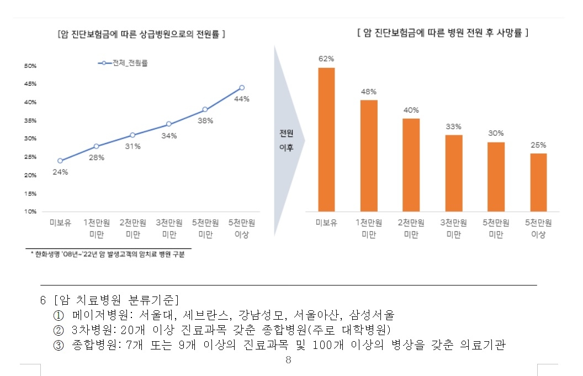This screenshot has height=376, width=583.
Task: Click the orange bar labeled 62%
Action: point(326,139)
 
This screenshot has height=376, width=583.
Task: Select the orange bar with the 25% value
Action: point(538,182)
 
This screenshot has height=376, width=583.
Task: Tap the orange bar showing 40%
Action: point(411,165)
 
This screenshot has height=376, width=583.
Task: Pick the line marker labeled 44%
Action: point(242,88)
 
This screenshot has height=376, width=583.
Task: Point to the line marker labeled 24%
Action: point(60,161)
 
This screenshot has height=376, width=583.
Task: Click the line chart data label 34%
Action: point(169,136)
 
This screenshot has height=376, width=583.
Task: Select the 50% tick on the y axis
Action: point(30,66)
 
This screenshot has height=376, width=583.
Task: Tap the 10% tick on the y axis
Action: point(30,211)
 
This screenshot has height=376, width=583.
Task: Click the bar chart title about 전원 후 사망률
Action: point(443,33)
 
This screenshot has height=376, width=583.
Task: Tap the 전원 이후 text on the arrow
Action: point(286,140)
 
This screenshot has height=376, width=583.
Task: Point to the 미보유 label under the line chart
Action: point(60,223)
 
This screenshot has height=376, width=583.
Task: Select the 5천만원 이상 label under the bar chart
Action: point(538,229)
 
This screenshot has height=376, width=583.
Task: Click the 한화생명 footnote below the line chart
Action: point(108,255)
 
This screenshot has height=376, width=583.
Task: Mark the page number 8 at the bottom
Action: point(288,361)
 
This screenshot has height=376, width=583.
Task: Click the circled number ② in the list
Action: point(59,330)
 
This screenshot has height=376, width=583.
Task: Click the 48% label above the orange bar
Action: point(369,92)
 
